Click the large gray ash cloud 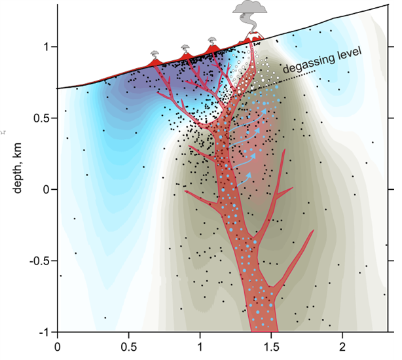250,9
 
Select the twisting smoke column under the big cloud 250,26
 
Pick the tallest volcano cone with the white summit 251,39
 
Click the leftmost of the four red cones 155,61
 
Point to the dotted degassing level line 308,77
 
